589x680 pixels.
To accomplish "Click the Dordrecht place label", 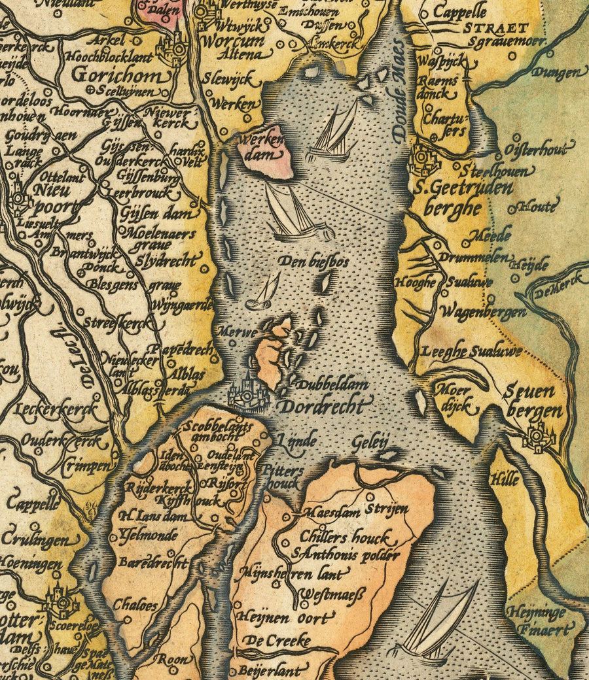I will tap(323, 405).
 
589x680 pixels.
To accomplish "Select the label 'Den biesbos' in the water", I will tap(313, 262).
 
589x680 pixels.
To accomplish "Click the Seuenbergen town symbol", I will tap(538, 435).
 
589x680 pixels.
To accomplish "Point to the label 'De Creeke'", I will tap(278, 640).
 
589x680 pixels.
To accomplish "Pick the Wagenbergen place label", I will tap(484, 312).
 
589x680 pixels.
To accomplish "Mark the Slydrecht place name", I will tap(168, 260).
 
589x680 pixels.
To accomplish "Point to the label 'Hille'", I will tap(505, 479).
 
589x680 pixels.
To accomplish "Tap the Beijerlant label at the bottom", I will tap(270, 670).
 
